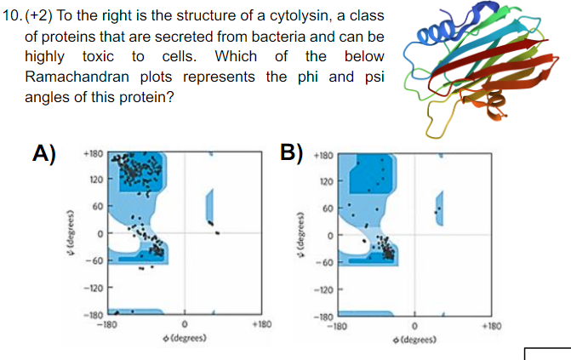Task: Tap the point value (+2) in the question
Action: pyautogui.click(x=43, y=16)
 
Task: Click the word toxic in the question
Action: pyautogui.click(x=104, y=57)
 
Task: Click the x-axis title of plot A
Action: pyautogui.click(x=184, y=338)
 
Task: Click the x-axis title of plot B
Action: pyautogui.click(x=414, y=338)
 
